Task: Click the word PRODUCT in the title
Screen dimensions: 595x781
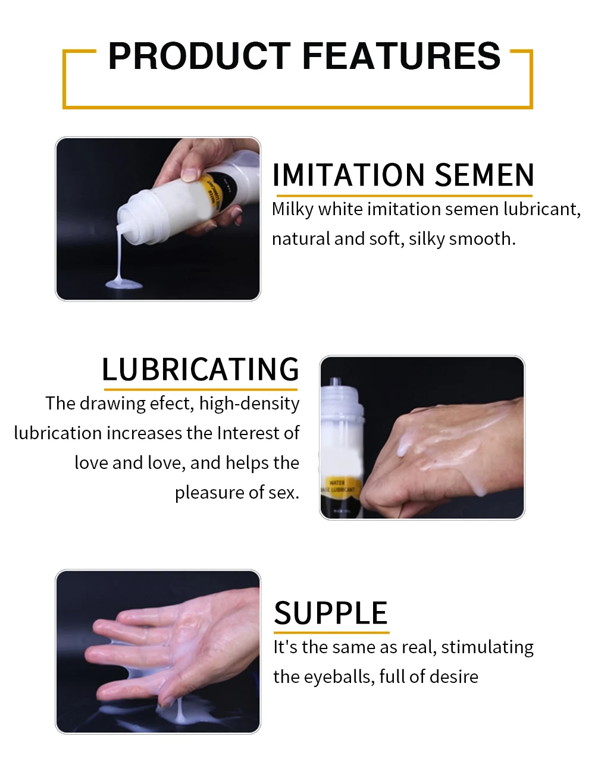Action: tap(199, 56)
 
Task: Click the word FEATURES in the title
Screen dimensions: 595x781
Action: tap(401, 56)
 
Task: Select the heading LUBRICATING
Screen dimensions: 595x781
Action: tap(201, 369)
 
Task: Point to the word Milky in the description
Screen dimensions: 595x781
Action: tap(292, 209)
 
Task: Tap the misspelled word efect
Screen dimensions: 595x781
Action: tap(172, 404)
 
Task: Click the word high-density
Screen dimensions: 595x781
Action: tap(249, 404)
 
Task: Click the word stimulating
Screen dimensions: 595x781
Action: tap(487, 647)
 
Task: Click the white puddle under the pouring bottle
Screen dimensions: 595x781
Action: tap(124, 284)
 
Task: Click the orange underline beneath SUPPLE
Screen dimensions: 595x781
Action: tap(331, 632)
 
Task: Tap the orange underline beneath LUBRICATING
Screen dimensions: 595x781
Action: tap(201, 390)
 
